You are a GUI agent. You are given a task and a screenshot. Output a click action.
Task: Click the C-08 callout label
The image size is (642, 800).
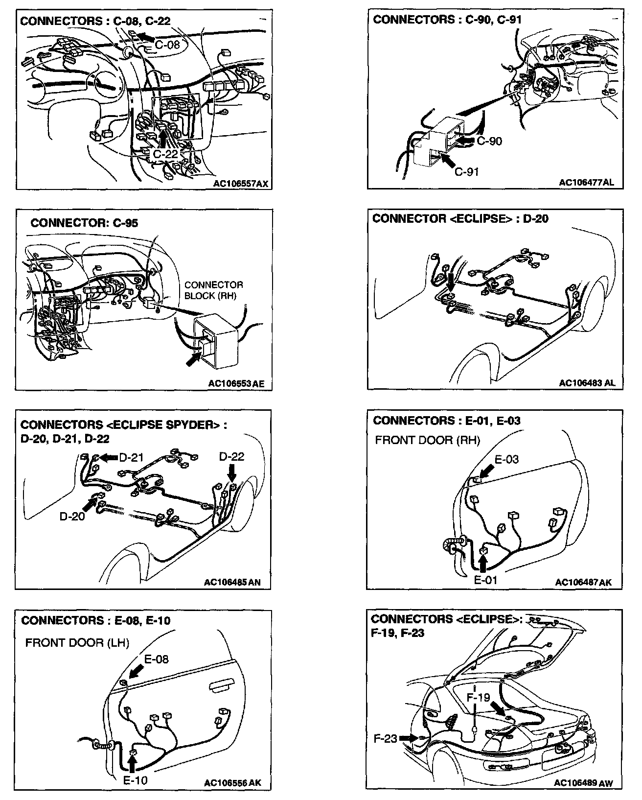point(167,45)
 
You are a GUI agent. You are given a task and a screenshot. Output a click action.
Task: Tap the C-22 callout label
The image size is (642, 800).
point(165,154)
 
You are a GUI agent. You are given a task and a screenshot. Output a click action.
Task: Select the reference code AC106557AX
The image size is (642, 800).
point(241,184)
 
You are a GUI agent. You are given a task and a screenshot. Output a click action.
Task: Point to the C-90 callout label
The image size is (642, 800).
point(489,141)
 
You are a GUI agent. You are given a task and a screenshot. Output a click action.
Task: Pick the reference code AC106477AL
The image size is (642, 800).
point(587,183)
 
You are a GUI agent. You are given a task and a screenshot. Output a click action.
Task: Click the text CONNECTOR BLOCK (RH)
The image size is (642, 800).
point(213,290)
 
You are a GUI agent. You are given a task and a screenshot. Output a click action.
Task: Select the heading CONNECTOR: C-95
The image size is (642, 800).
point(84,223)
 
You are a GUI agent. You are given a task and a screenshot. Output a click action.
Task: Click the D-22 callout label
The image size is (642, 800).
point(231,457)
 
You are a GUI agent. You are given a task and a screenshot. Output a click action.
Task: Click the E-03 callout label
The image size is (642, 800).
point(506,459)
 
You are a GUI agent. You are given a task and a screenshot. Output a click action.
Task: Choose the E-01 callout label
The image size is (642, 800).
point(485,580)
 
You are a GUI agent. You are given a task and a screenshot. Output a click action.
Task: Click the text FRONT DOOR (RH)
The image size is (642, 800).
point(427,440)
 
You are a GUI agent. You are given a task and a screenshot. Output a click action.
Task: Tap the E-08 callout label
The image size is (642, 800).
point(156,659)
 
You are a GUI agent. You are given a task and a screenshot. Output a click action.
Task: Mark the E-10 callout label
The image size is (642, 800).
point(135,780)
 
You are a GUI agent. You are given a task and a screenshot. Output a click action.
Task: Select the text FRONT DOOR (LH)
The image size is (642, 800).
point(77,643)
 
